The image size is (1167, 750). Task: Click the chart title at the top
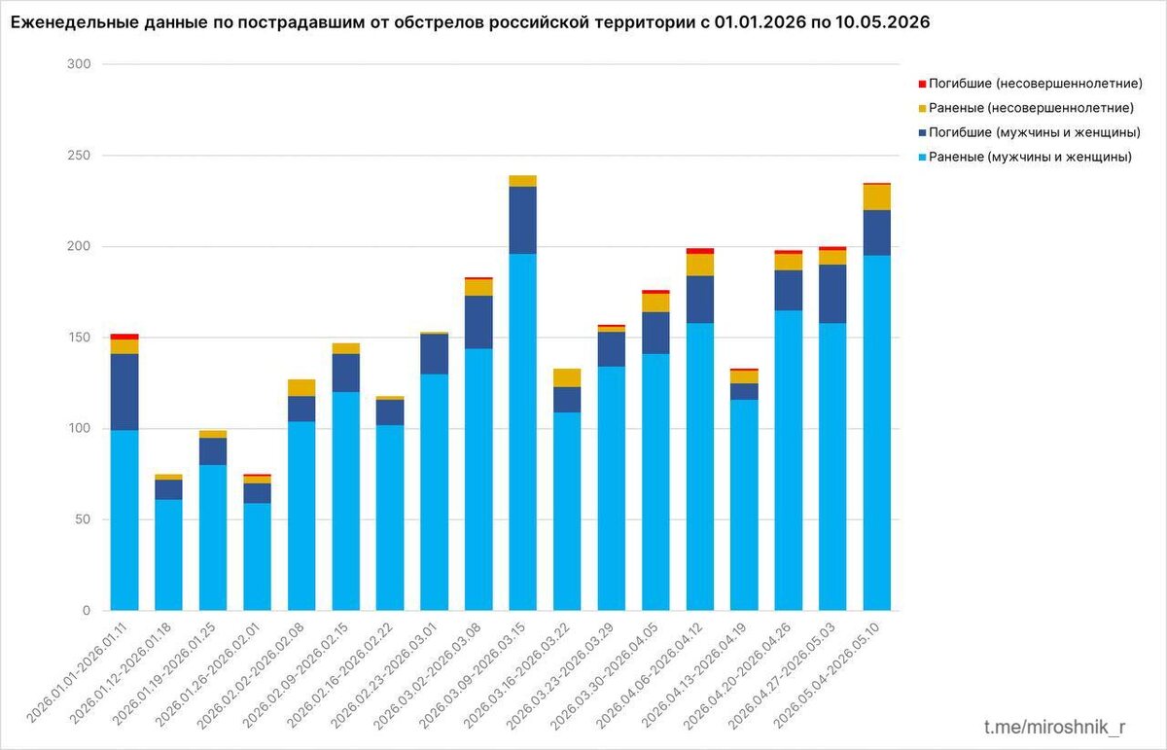click(x=470, y=22)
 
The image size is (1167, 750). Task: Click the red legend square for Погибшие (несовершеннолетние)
click(x=922, y=84)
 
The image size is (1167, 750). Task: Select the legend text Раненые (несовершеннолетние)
click(x=1031, y=108)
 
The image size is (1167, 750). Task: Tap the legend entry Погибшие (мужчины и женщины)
click(x=1030, y=132)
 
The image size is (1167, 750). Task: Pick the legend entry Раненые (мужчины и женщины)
click(x=1025, y=157)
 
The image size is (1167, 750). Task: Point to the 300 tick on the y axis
click(x=79, y=64)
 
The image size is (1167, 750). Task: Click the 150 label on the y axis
click(x=79, y=338)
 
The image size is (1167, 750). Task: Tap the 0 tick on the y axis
click(x=86, y=610)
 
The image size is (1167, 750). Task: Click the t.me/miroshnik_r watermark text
click(x=1054, y=727)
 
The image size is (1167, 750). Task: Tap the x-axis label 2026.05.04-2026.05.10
click(x=827, y=675)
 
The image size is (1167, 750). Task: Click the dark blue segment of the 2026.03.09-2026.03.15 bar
click(x=522, y=221)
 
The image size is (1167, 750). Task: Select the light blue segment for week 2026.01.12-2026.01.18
click(x=168, y=555)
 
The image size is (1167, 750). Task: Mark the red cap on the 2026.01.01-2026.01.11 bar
click(x=124, y=337)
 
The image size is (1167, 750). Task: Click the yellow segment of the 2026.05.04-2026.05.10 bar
click(x=877, y=197)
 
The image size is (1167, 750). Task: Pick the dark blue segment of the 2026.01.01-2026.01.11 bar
click(x=124, y=392)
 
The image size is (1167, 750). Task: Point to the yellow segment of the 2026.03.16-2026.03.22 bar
click(x=567, y=377)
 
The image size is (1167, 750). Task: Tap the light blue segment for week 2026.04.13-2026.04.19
click(x=744, y=505)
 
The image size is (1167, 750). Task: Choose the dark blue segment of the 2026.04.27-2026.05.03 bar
click(x=832, y=294)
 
